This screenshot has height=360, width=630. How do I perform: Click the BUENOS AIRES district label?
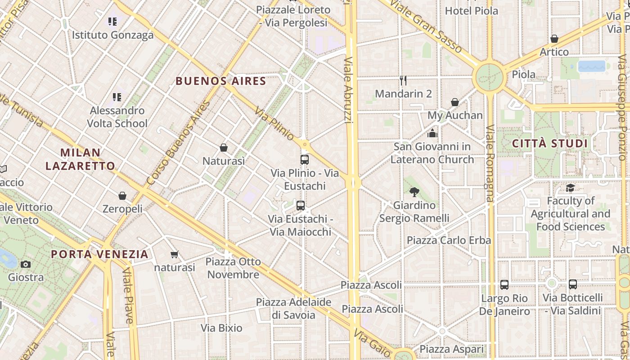click(x=221, y=81)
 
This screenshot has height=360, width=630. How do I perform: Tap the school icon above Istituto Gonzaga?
click(x=112, y=21)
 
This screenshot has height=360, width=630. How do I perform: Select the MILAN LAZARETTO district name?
click(x=80, y=159)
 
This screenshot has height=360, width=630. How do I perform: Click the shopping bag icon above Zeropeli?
click(x=122, y=196)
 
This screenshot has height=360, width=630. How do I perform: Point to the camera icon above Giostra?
click(x=26, y=264)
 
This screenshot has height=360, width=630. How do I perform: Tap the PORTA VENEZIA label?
click(x=99, y=254)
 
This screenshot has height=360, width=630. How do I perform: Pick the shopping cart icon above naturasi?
click(x=175, y=255)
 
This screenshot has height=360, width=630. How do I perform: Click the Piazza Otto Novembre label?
click(x=233, y=268)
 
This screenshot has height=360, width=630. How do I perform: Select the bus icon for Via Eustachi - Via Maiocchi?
click(x=301, y=206)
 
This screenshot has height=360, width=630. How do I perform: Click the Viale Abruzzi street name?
click(x=348, y=90)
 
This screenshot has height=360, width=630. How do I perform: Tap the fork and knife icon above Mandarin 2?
click(x=403, y=81)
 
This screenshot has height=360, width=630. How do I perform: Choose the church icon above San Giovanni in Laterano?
click(x=432, y=133)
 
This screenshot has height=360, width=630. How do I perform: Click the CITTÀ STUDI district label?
click(x=550, y=144)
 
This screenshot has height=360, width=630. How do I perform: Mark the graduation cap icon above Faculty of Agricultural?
click(x=570, y=188)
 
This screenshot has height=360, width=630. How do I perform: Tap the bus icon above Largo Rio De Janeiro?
click(x=504, y=285)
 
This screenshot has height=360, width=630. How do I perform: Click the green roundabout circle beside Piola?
click(x=489, y=77)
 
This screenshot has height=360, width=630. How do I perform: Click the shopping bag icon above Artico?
click(x=554, y=39)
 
